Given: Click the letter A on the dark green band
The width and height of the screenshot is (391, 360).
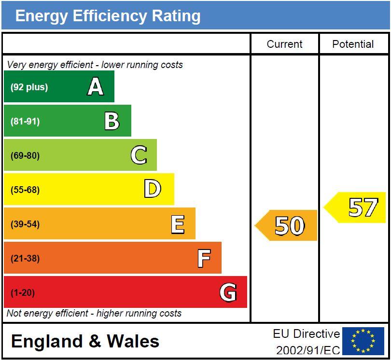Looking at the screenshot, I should tap(96, 87).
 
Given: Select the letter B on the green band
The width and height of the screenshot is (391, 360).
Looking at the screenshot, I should tap(112, 121).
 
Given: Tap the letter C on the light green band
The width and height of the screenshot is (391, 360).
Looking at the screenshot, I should tap(139, 155).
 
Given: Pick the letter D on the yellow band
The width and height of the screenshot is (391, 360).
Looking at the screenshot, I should tap(153, 189).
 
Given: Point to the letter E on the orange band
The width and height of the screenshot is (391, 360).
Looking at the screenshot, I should tap(178, 224).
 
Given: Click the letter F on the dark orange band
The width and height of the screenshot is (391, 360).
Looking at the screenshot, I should tap(204, 258).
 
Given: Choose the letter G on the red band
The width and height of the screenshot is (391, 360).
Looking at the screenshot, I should tap(228, 292).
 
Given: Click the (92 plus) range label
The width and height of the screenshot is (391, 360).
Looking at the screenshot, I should tap(29, 87).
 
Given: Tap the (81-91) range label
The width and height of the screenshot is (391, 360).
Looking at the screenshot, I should tap(25, 122).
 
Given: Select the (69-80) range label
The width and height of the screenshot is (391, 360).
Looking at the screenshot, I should tap(25, 156).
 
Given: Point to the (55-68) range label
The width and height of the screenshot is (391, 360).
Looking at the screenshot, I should tap(25, 190).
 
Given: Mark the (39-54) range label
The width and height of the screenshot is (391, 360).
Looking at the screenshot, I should tap(25, 224).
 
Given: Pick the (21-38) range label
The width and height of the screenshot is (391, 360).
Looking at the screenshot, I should tap(25, 258).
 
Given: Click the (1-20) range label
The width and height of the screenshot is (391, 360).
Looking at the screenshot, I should tap(23, 292).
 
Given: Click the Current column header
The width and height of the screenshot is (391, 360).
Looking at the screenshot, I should tap(284, 44).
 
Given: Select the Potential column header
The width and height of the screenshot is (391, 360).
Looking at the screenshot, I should tap(353, 44).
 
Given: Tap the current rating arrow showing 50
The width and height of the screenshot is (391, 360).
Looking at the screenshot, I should tap(287, 225).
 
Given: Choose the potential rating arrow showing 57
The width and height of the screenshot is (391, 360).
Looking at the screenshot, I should tap(356, 208).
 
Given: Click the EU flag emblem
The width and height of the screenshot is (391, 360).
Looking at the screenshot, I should tap(363, 341).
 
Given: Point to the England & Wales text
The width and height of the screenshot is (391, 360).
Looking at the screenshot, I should tap(85, 341).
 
